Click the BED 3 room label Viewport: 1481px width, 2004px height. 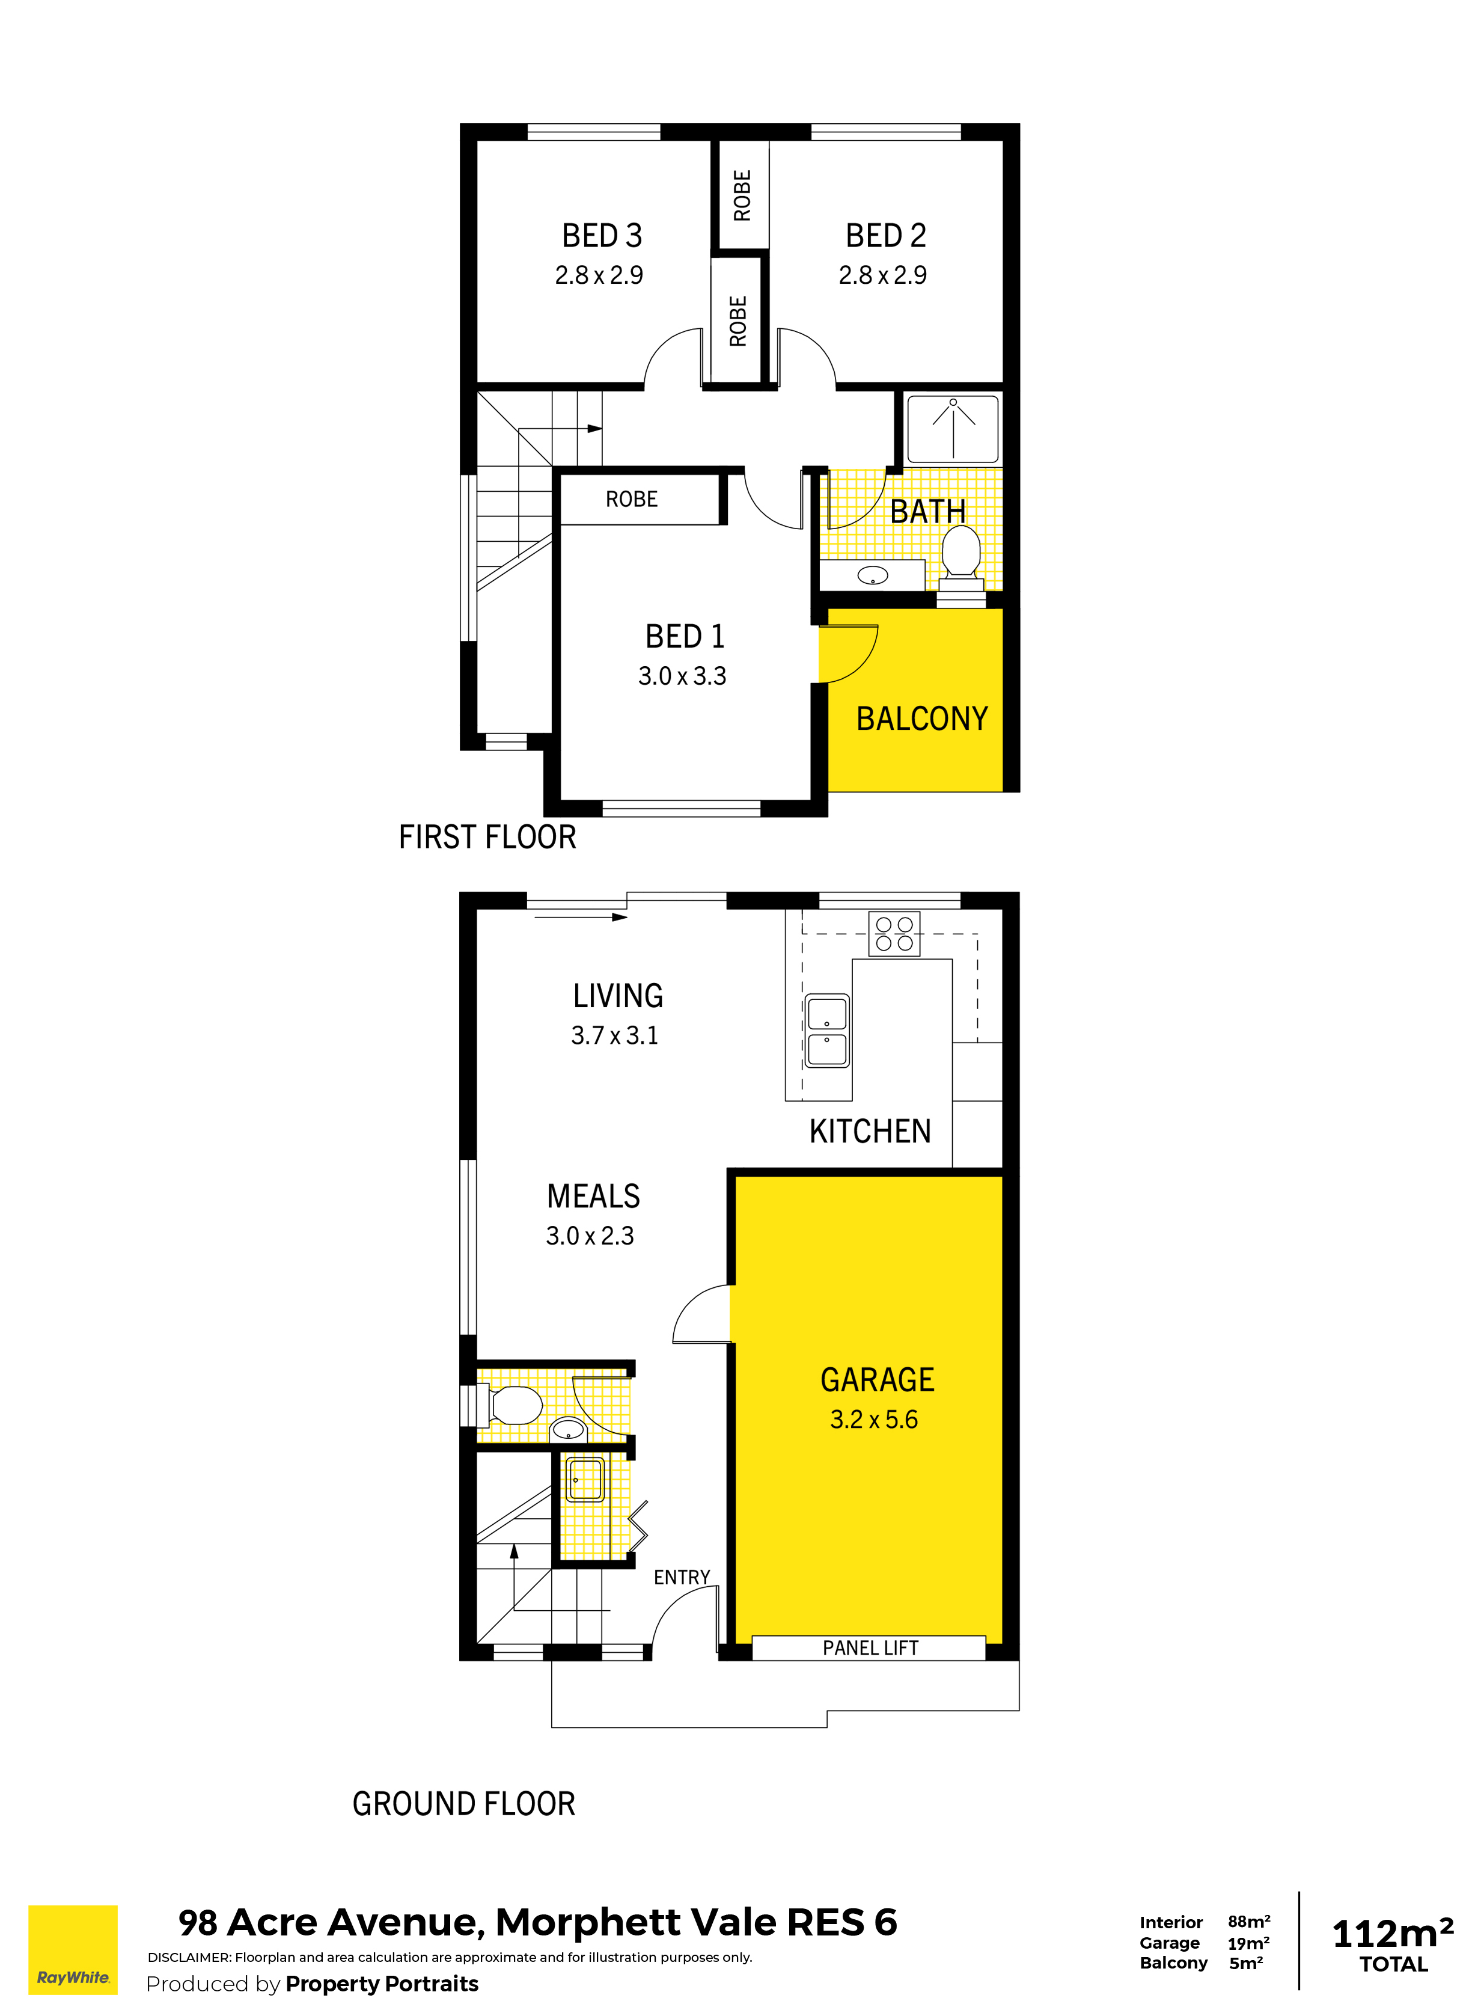pyautogui.click(x=602, y=236)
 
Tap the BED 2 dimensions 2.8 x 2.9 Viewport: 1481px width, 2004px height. pyautogui.click(x=882, y=275)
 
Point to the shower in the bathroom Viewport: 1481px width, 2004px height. pyautogui.click(x=953, y=429)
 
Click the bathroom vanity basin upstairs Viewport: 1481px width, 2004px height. pyautogui.click(x=872, y=575)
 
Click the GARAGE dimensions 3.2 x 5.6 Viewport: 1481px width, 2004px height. pyautogui.click(x=873, y=1420)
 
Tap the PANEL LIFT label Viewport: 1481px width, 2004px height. pyautogui.click(x=870, y=1648)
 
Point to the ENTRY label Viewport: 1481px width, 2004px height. pyautogui.click(x=682, y=1577)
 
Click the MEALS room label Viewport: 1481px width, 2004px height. pyautogui.click(x=593, y=1196)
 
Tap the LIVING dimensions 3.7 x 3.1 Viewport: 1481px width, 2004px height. pyautogui.click(x=614, y=1035)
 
